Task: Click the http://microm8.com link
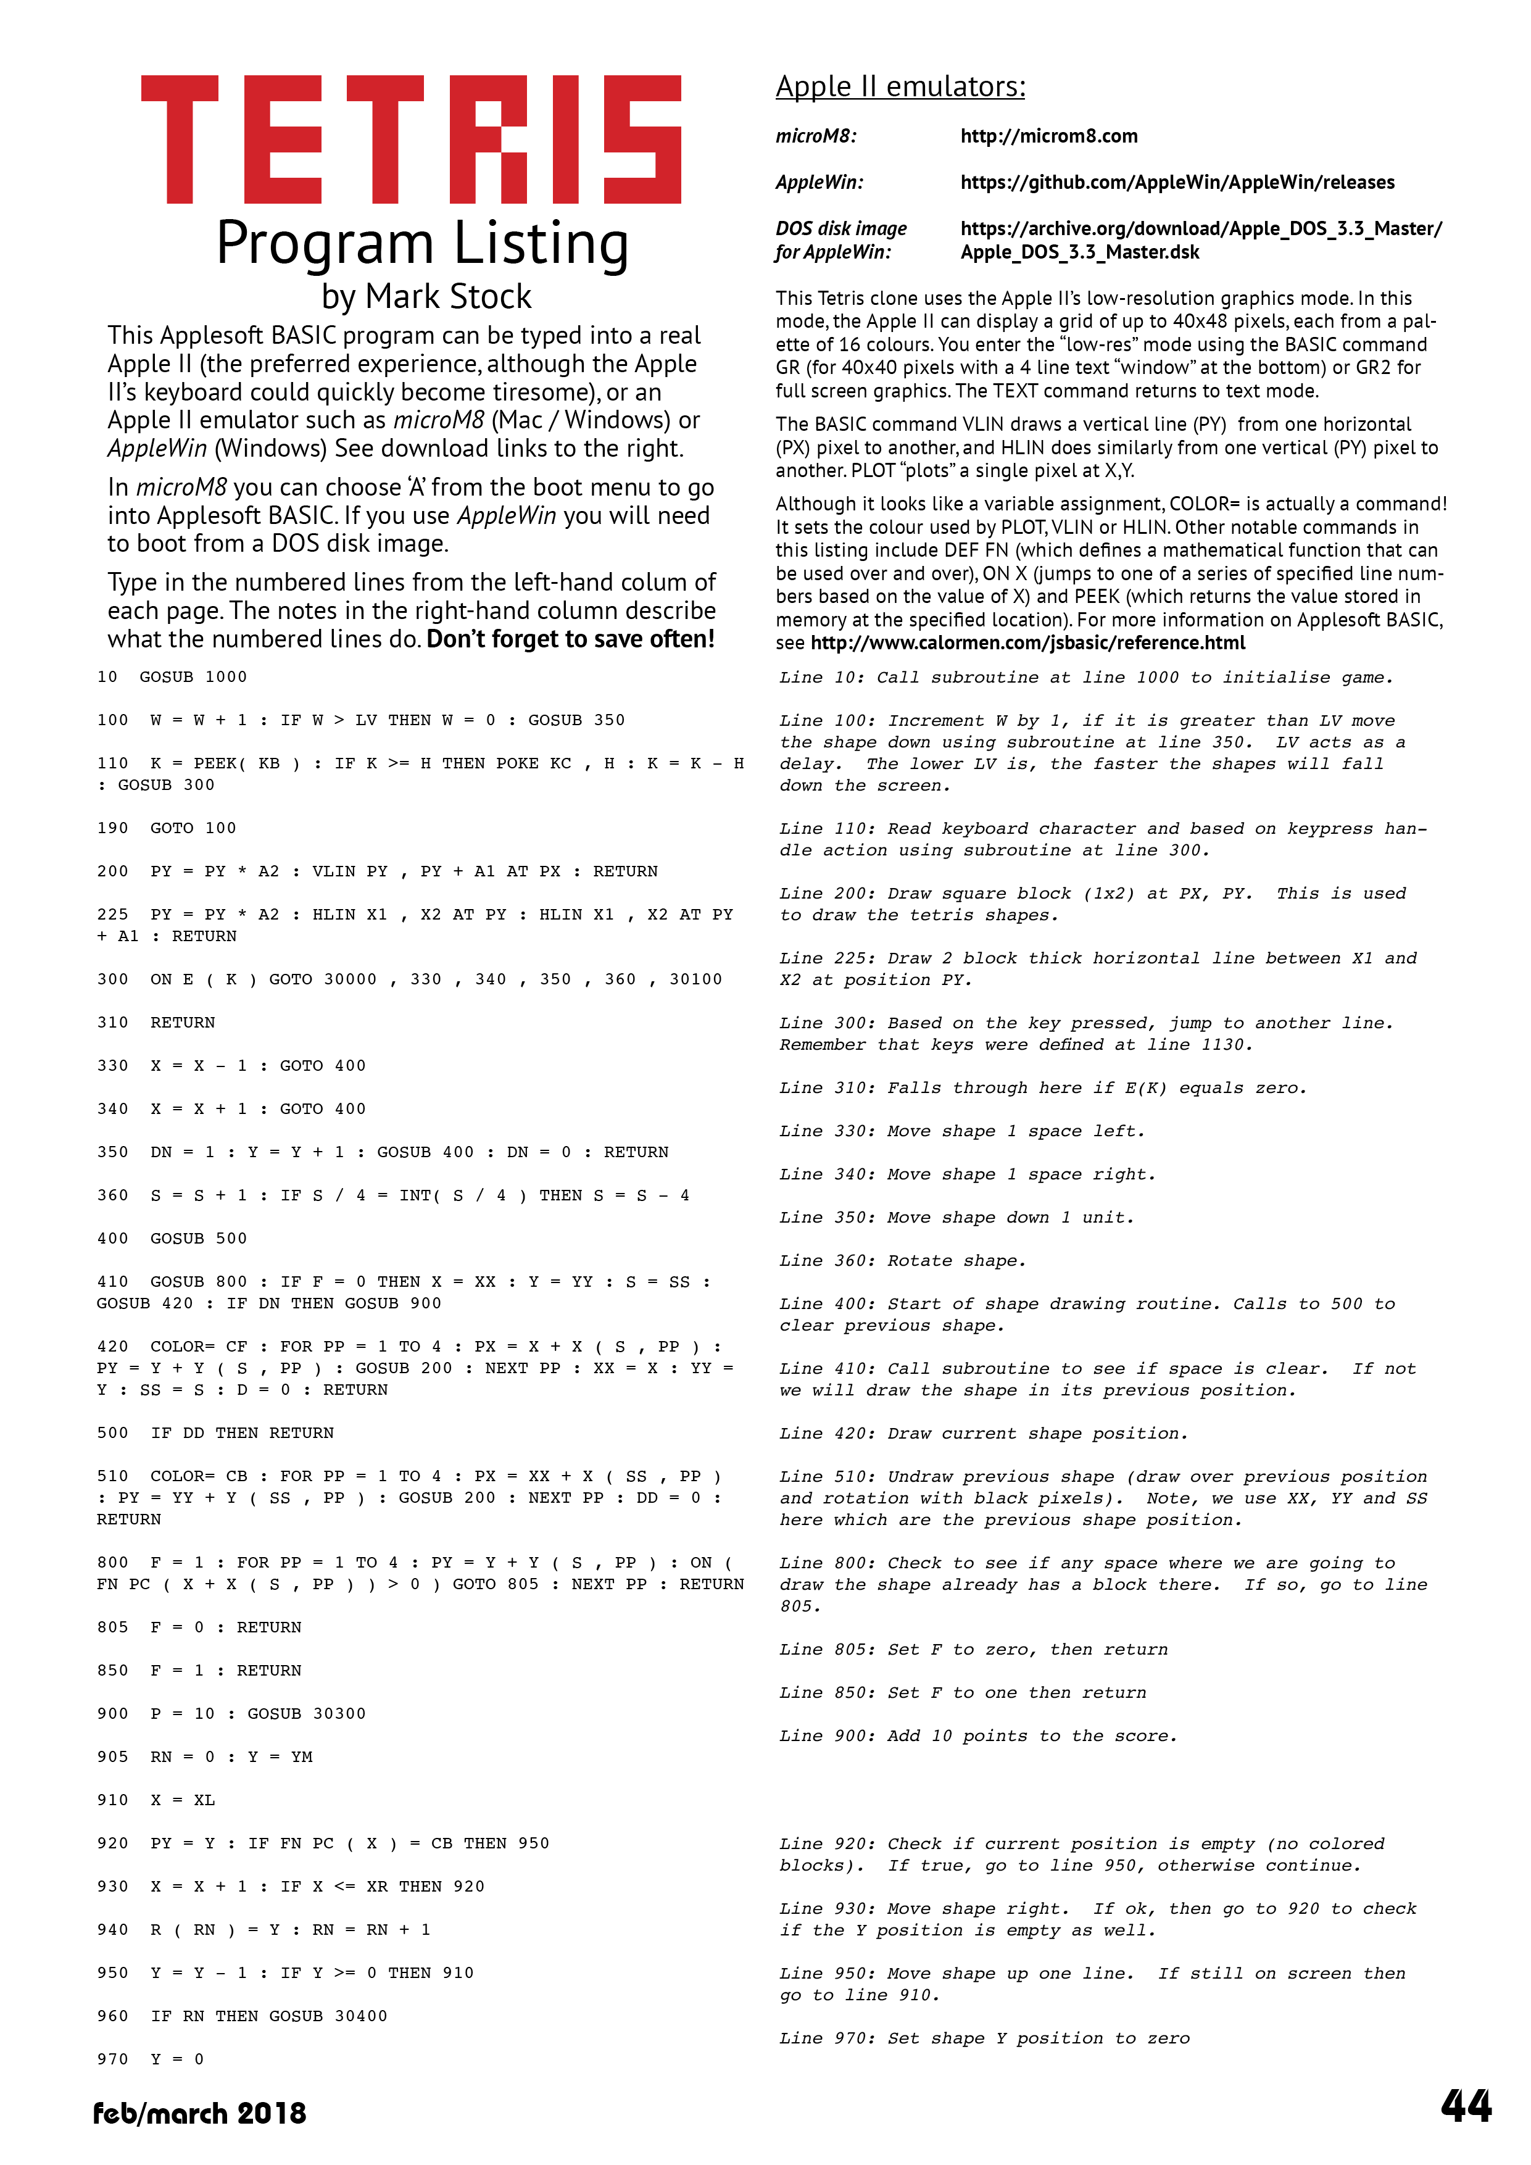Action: (1048, 136)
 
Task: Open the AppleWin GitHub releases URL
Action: (1177, 182)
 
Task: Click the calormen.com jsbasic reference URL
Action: (1027, 643)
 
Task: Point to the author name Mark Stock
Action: (449, 297)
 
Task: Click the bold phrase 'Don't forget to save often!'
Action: (570, 639)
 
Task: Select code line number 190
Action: (112, 828)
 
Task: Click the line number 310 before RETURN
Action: (112, 1022)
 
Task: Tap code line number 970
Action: (112, 2059)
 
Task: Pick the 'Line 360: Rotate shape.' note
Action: (902, 1261)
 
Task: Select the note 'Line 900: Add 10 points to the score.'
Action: (977, 1736)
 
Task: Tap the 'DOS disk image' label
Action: (841, 228)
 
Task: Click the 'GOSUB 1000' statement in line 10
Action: (193, 677)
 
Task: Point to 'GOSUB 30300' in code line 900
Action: (307, 1713)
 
